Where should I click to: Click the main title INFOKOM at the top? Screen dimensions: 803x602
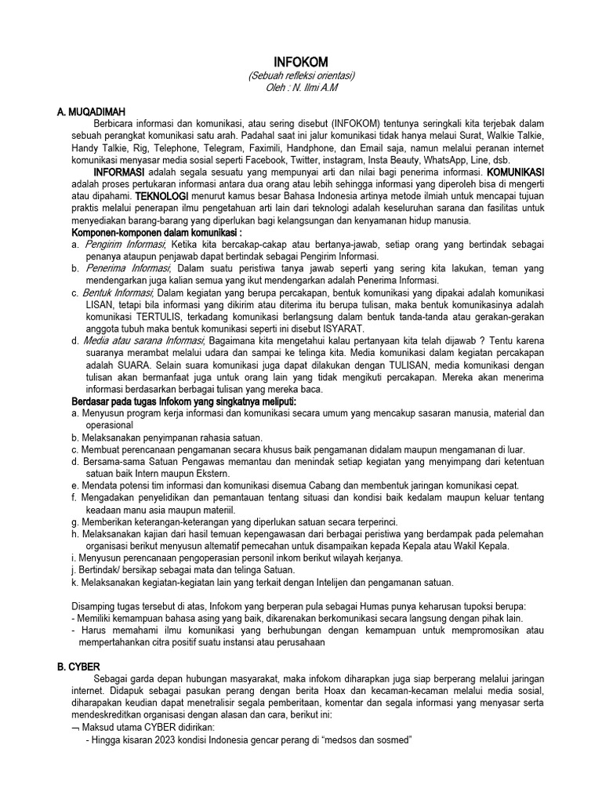click(301, 62)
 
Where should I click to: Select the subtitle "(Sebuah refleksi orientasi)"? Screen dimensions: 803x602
click(301, 75)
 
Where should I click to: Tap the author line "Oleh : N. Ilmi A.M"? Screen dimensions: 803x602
click(301, 88)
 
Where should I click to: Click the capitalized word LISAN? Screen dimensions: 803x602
click(87, 303)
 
